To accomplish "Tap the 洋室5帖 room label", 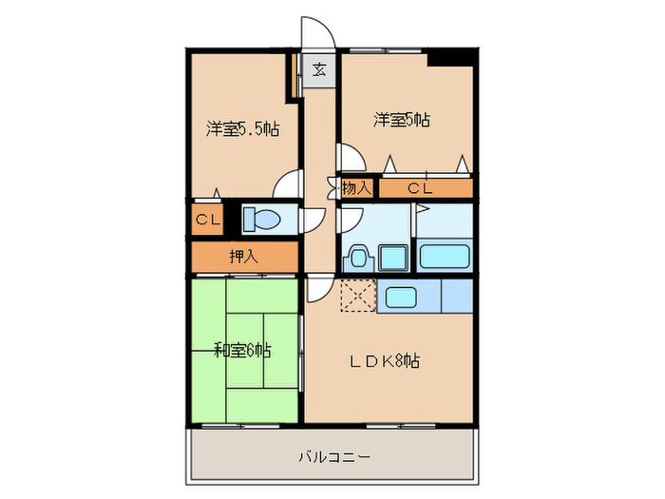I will point(401,120).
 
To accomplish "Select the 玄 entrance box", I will point(320,69).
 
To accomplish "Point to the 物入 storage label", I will point(356,188).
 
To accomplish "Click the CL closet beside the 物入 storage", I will point(422,188).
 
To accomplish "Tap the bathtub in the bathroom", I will point(445,256).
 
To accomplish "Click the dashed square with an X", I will point(358,296).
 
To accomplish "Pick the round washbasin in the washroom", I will point(358,258).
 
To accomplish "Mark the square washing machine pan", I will point(392,256).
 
